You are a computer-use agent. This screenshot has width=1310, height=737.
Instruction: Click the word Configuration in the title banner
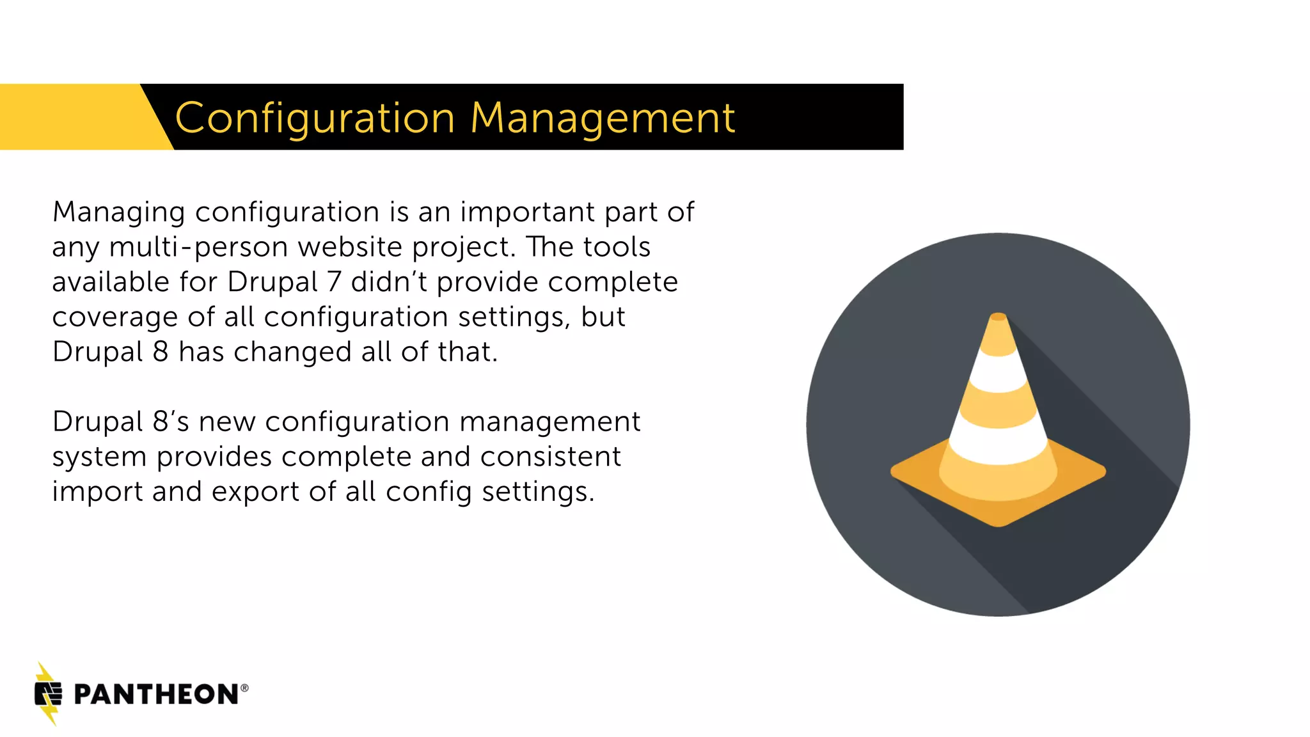[315, 118]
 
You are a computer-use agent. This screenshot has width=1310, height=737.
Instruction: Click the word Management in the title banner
[603, 118]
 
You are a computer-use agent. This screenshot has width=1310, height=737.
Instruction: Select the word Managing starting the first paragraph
[119, 212]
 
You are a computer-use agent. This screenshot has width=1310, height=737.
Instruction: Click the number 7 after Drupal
[334, 282]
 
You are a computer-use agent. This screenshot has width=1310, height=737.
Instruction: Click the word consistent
[550, 457]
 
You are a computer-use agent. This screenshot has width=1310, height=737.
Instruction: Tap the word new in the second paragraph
[228, 422]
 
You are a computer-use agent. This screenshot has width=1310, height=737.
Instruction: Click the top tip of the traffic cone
[998, 316]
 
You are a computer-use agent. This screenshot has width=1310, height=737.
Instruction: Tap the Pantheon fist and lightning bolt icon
[48, 694]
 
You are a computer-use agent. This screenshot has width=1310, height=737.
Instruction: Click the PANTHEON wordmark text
[156, 695]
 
